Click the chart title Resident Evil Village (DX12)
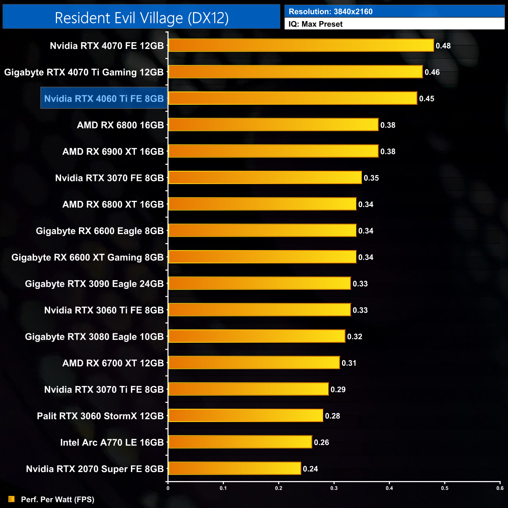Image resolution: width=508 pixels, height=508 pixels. tap(141, 18)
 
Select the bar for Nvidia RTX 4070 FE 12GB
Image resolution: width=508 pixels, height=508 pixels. tap(301, 45)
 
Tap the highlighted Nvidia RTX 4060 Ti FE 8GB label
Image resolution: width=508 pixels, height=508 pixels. tap(104, 98)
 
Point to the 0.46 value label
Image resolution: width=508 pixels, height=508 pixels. tap(432, 72)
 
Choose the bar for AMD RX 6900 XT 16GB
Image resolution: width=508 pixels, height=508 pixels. tap(273, 151)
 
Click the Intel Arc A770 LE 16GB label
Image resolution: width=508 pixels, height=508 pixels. tap(112, 442)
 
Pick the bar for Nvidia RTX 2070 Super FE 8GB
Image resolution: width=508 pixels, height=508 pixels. tap(234, 469)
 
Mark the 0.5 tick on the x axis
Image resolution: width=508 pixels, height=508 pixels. tap(445, 488)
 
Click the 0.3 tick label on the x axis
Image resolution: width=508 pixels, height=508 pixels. tap(334, 488)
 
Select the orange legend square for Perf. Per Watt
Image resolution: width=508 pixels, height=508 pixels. tap(12, 499)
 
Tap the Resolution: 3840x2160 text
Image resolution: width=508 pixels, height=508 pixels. tap(331, 12)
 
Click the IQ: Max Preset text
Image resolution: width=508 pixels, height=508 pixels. tap(315, 24)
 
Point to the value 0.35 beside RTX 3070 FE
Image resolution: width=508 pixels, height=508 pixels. tap(371, 178)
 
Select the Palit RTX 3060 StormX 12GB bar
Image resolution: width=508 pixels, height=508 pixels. tap(245, 416)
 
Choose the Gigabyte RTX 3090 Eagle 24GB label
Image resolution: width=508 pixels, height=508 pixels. tap(94, 284)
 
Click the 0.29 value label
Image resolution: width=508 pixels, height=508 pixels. tap(338, 390)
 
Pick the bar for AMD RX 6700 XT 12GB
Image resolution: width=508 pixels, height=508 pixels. tap(254, 363)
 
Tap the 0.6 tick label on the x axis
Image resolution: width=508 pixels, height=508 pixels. tap(500, 488)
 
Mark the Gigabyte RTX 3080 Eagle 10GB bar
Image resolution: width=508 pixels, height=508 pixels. tap(256, 336)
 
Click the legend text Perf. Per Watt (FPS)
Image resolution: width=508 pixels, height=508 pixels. tap(58, 499)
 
